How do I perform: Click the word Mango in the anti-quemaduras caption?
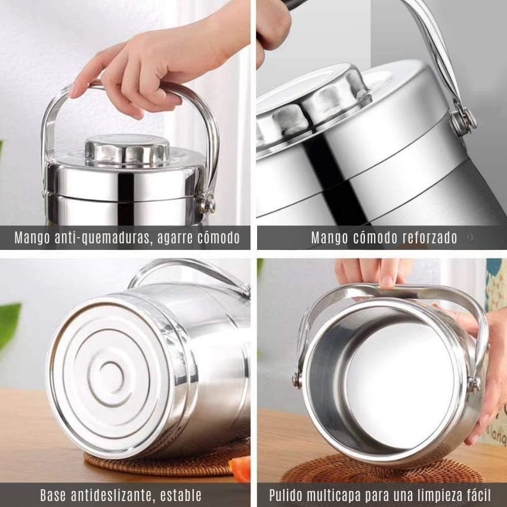tap(32, 237)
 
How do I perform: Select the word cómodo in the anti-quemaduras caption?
tap(218, 237)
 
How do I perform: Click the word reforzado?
tap(427, 237)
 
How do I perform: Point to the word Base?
tap(53, 495)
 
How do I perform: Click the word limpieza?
tap(438, 496)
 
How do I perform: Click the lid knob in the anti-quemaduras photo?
tap(126, 152)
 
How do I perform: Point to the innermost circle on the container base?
tap(111, 377)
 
